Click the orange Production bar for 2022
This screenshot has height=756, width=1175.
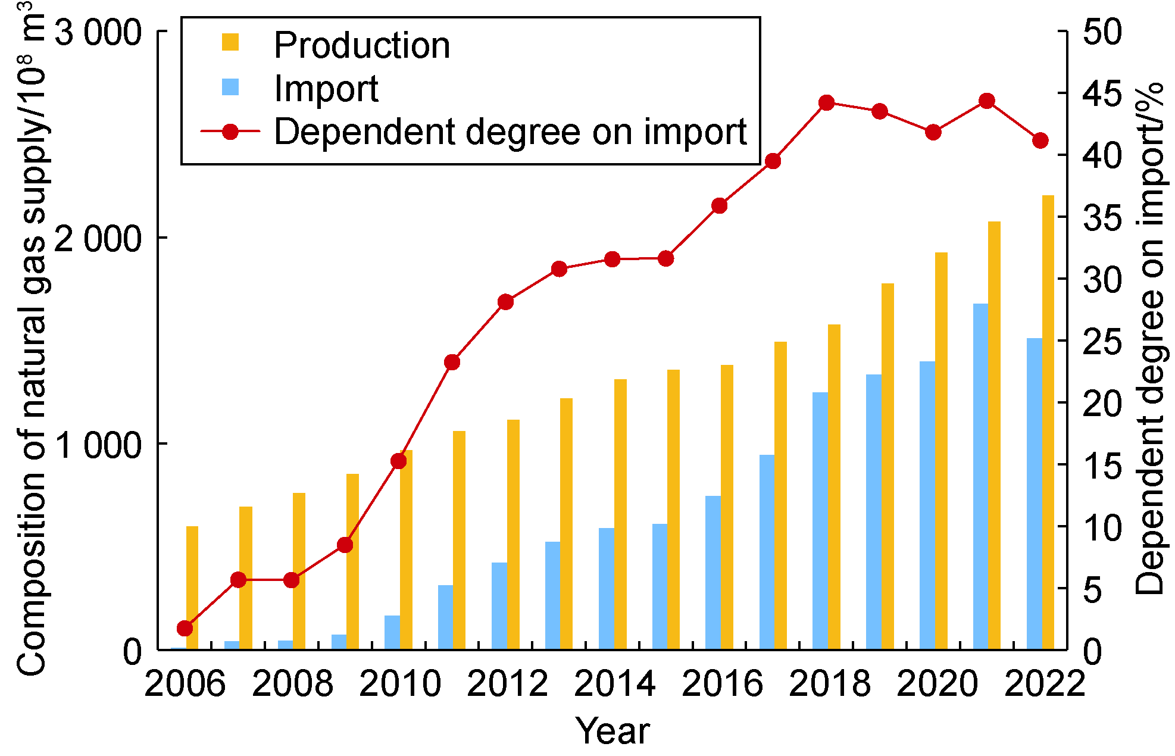[1048, 423]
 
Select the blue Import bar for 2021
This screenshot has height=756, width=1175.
[980, 476]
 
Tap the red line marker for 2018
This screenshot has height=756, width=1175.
[826, 103]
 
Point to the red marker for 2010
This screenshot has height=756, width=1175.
[399, 461]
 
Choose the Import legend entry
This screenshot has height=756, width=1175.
[326, 89]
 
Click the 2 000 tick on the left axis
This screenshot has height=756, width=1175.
[98, 238]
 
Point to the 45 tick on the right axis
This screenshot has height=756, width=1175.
[1102, 93]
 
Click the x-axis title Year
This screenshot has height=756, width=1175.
[612, 730]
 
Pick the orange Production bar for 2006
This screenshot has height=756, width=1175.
[192, 588]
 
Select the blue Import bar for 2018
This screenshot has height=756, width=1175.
[820, 521]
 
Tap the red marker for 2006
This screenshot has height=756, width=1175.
[185, 629]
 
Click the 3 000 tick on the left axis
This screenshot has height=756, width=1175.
[98, 32]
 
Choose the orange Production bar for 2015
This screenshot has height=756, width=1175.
[673, 509]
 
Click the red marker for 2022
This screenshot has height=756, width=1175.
[1040, 141]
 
